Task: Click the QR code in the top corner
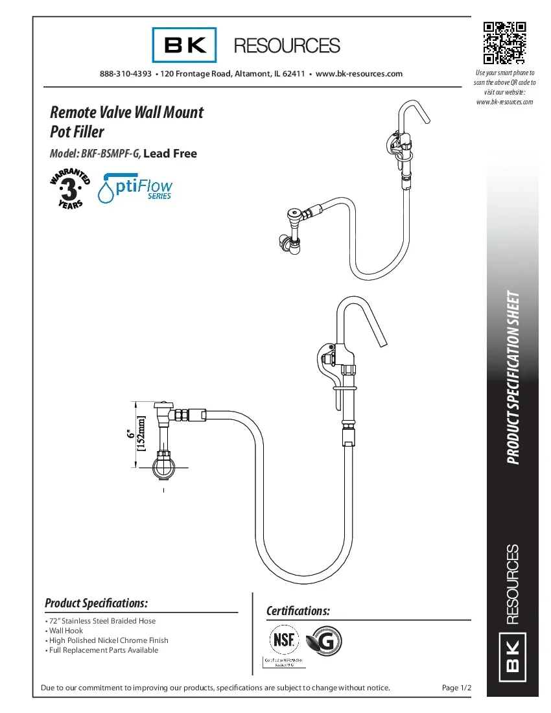tap(504, 43)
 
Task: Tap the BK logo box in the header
tap(185, 45)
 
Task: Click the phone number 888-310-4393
tap(126, 74)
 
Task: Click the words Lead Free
tap(170, 154)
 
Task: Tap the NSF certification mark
tap(285, 640)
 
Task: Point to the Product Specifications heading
tap(97, 603)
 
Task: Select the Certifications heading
tap(298, 611)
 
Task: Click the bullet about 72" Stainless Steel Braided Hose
tap(102, 621)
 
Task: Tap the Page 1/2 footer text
tap(455, 687)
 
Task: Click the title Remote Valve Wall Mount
tap(127, 112)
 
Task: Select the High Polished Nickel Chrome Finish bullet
tap(108, 640)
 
